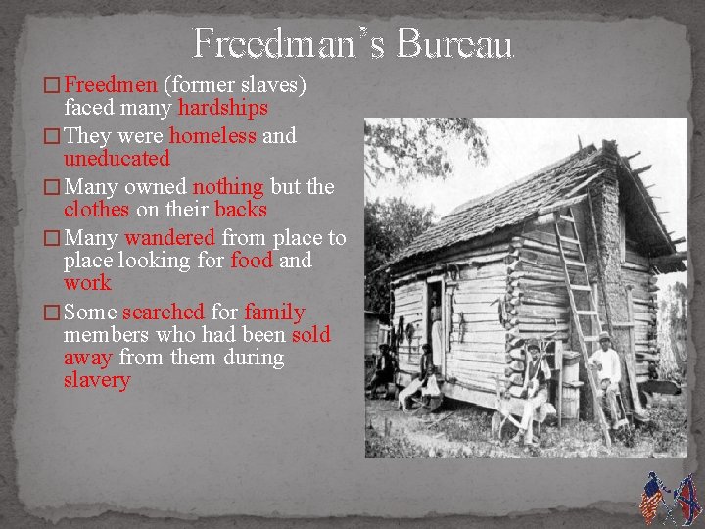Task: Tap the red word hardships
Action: pyautogui.click(x=223, y=107)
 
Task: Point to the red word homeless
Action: pyautogui.click(x=213, y=135)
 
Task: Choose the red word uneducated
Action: pyautogui.click(x=117, y=158)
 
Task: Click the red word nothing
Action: pyautogui.click(x=227, y=186)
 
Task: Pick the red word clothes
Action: pyautogui.click(x=96, y=209)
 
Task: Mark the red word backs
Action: pyautogui.click(x=240, y=209)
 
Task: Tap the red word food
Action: pyautogui.click(x=252, y=260)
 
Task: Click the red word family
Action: pyautogui.click(x=274, y=312)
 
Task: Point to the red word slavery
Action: pyautogui.click(x=97, y=380)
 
